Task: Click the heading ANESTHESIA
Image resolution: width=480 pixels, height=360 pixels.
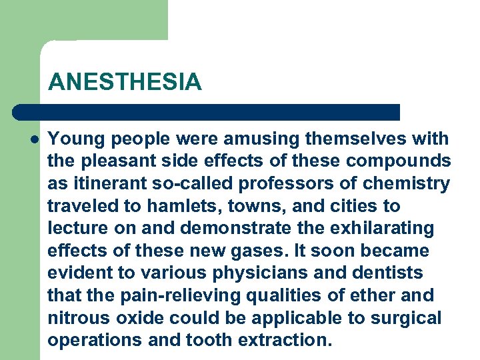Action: coord(124,82)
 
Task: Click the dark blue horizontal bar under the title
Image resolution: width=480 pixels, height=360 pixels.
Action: coord(207,112)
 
